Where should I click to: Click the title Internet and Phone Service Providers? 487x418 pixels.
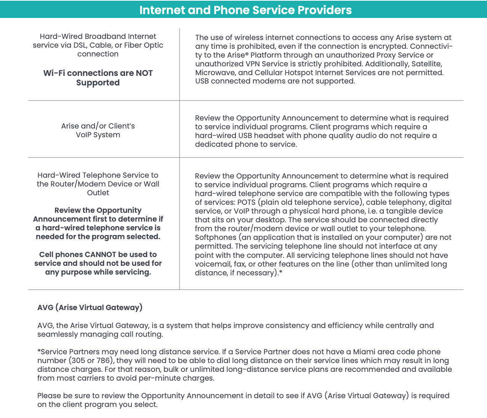pos(245,10)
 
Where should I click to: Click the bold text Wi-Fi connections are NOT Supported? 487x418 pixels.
pos(98,78)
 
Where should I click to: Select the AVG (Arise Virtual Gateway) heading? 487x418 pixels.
pos(90,307)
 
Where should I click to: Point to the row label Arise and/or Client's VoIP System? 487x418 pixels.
pos(98,130)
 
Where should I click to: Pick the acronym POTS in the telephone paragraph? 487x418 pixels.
pos(247,202)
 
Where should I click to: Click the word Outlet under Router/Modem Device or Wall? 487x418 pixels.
pos(98,193)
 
